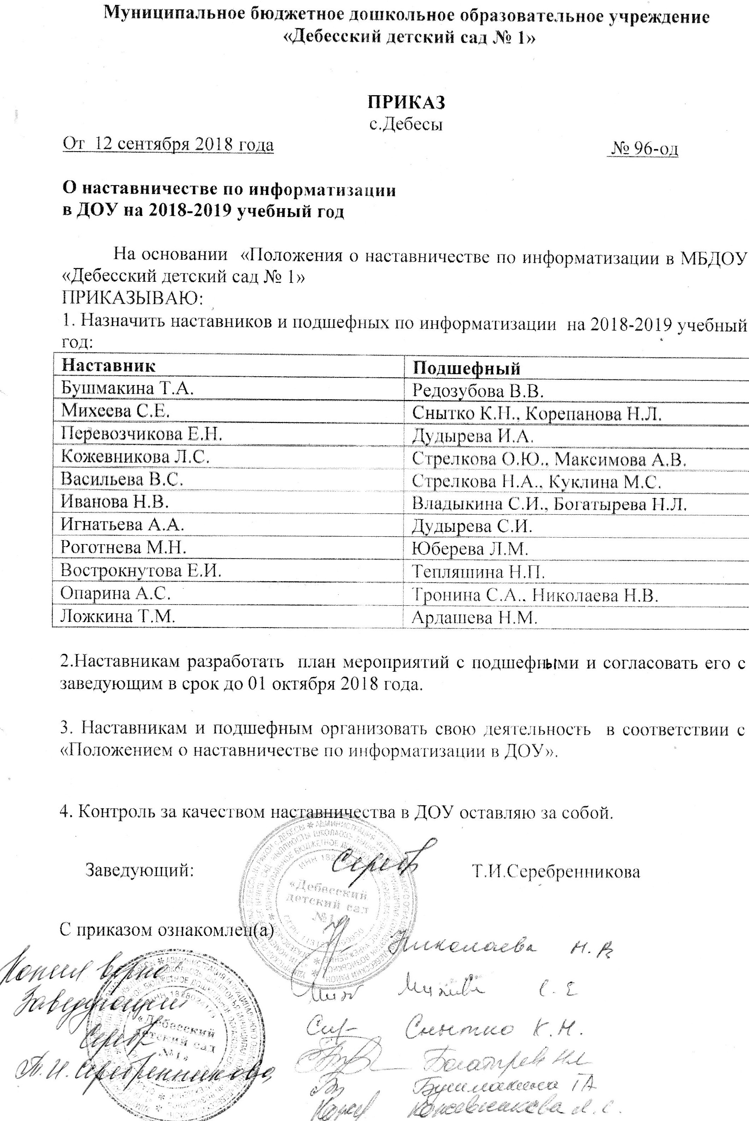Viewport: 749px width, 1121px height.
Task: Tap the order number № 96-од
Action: (x=645, y=149)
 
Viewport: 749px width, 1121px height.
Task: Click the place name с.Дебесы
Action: (x=407, y=125)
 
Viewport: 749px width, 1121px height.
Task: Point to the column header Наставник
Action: (x=108, y=366)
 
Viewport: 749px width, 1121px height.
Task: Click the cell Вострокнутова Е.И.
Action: (x=141, y=571)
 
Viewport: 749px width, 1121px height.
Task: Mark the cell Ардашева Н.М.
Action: (x=475, y=618)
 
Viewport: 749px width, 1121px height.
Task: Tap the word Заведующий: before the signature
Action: (x=140, y=871)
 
